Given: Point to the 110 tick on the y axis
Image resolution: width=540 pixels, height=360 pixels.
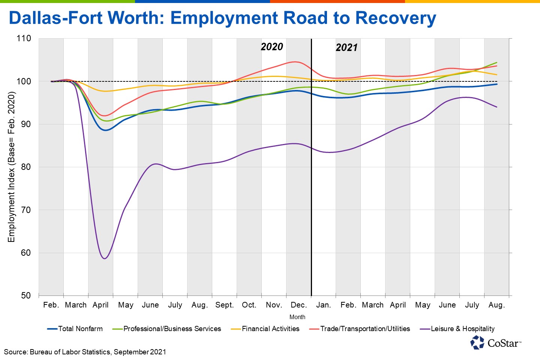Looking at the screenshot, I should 24,39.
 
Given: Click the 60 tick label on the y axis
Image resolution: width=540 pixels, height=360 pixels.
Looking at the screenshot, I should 26,253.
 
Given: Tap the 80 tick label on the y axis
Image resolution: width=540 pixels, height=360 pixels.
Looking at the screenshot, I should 26,167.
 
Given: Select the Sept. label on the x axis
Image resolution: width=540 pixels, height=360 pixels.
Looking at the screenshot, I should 225,305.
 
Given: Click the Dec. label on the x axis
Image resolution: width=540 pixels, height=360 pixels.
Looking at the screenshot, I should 299,305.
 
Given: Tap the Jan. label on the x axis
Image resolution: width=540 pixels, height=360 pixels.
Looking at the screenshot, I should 323,305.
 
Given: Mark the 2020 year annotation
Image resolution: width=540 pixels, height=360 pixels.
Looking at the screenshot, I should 272,47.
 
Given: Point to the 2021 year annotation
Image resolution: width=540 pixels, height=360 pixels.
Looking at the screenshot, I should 346,48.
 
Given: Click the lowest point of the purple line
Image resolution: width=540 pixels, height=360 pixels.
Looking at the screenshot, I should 105,258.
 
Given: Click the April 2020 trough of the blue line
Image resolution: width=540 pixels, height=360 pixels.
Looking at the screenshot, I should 105,130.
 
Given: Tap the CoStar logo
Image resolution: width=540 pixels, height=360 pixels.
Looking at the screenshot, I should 496,343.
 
